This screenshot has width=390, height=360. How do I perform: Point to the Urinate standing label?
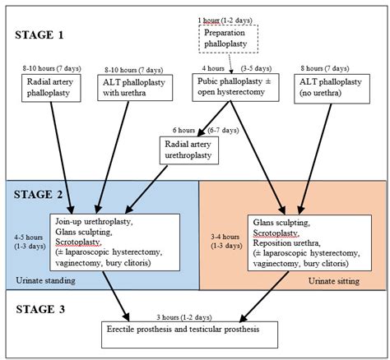click(x=46, y=281)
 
